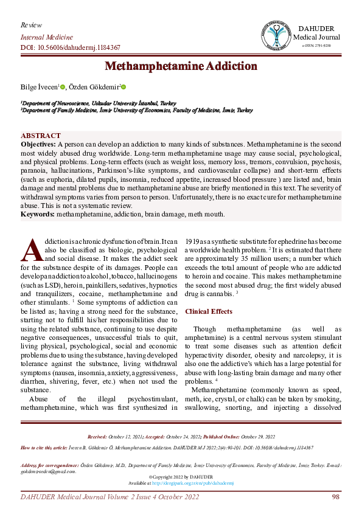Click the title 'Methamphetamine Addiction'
point(181,66)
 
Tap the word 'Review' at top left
point(31,25)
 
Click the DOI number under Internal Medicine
point(71,47)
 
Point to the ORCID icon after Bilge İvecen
point(62,88)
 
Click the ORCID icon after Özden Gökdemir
point(123,88)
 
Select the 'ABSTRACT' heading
point(41,136)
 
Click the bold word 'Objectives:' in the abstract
point(38,144)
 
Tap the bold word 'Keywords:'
point(39,213)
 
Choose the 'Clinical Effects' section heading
point(208,311)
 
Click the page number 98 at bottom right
point(335,497)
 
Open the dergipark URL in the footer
point(193,483)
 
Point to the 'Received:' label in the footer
point(97,437)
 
